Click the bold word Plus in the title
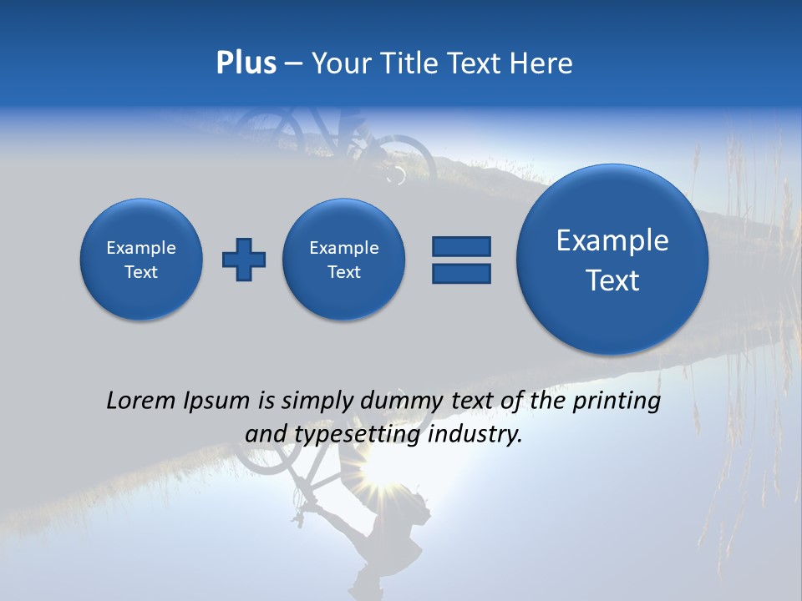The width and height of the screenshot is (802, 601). point(246,63)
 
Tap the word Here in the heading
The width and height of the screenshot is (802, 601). point(541,63)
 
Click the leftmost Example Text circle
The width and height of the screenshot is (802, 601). point(141,260)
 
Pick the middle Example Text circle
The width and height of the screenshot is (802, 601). point(343,260)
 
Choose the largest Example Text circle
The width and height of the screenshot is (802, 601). point(612,260)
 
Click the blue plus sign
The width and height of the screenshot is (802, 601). point(243,260)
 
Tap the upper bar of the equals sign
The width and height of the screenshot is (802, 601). point(461,246)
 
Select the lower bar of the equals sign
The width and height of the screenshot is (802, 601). point(461,273)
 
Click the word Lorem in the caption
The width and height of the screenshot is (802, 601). point(139,401)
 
